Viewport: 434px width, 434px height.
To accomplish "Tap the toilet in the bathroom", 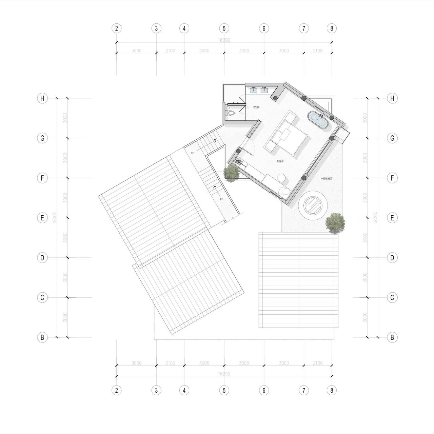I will pyautogui.click(x=230, y=113).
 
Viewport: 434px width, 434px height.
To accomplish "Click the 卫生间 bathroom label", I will pyautogui.click(x=256, y=107).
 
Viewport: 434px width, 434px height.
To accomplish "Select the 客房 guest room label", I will pyautogui.click(x=280, y=161).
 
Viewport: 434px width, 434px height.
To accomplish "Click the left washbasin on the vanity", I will pyautogui.click(x=254, y=90).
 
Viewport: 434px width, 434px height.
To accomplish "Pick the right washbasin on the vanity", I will pyautogui.click(x=264, y=90).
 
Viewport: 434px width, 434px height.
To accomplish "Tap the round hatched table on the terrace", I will pyautogui.click(x=313, y=205).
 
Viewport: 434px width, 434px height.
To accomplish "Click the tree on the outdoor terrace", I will pyautogui.click(x=335, y=223).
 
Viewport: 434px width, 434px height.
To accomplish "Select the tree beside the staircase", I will pyautogui.click(x=232, y=173).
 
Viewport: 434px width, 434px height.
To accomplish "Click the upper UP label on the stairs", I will pyautogui.click(x=193, y=153).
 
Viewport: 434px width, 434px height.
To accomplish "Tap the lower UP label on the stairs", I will pyautogui.click(x=221, y=199).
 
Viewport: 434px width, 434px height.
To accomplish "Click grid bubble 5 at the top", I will pyautogui.click(x=224, y=28).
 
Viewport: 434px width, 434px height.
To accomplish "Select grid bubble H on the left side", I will pyautogui.click(x=42, y=98).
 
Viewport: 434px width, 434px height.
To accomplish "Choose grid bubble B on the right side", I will pyautogui.click(x=392, y=337).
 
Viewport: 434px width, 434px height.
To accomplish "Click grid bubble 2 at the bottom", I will pyautogui.click(x=116, y=390).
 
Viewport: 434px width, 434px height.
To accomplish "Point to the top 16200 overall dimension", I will pyautogui.click(x=224, y=40).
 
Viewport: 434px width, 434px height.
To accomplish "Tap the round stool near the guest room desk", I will pyautogui.click(x=281, y=178).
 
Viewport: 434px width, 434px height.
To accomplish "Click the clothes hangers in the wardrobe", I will pyautogui.click(x=239, y=162).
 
